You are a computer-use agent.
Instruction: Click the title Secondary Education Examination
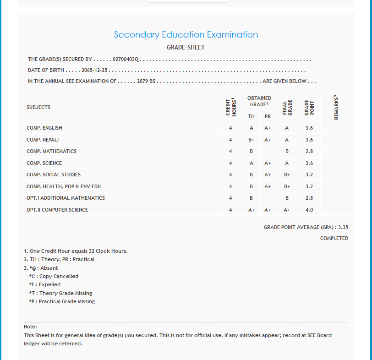tap(186, 35)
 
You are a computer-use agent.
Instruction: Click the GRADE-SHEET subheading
tap(186, 47)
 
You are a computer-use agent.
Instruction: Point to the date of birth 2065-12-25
tap(94, 71)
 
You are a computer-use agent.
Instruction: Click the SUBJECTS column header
tap(38, 107)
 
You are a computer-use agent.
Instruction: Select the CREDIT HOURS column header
tap(230, 107)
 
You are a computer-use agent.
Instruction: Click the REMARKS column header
tap(336, 107)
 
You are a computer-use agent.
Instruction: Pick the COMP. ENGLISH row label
tap(44, 128)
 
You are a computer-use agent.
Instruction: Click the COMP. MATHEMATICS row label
tap(51, 151)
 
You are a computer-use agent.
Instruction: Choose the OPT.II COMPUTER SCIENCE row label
tap(57, 210)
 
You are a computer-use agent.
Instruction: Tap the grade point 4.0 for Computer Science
tap(309, 210)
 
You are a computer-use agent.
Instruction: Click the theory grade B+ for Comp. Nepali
tap(252, 140)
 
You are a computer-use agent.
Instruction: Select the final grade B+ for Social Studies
tap(287, 175)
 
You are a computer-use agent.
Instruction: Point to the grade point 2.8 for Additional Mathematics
tap(309, 198)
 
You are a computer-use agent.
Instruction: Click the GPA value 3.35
tap(343, 227)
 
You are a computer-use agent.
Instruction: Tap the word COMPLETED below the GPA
tap(334, 238)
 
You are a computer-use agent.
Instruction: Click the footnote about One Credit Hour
tap(76, 251)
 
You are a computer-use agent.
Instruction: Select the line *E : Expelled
tap(44, 284)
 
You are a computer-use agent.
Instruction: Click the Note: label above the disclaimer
tap(30, 327)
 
